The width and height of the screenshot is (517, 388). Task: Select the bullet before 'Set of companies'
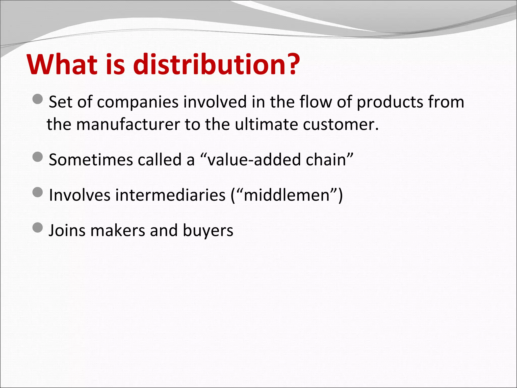pyautogui.click(x=38, y=99)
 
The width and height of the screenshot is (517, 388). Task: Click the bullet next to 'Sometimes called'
pyautogui.click(x=38, y=157)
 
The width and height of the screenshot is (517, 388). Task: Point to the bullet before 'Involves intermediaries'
pyautogui.click(x=38, y=192)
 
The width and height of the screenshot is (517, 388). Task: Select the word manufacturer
pyautogui.click(x=128, y=125)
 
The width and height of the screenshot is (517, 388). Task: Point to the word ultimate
pyautogui.click(x=266, y=125)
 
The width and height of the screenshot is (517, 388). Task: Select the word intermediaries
pyautogui.click(x=170, y=195)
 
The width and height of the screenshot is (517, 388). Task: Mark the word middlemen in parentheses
pyautogui.click(x=287, y=195)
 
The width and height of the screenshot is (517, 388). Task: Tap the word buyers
pyautogui.click(x=208, y=231)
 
